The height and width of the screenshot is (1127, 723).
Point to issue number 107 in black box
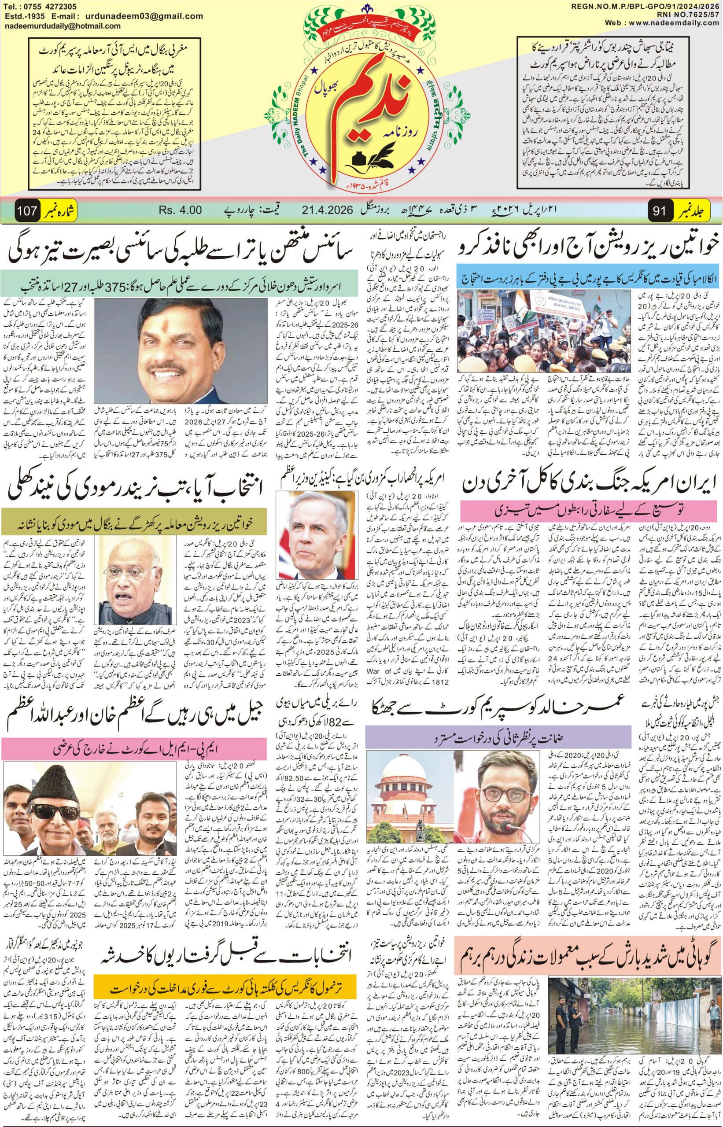coord(27,211)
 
